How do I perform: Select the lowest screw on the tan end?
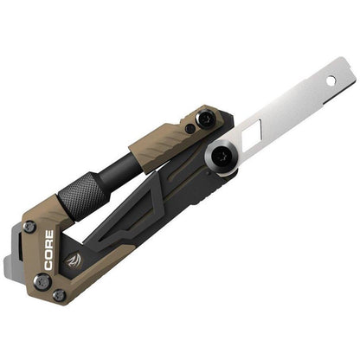coord(59,295)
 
